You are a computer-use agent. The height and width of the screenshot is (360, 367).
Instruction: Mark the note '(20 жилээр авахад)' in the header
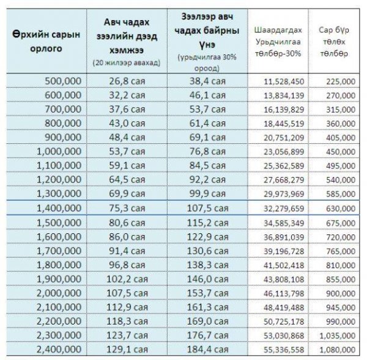pos(126,63)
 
